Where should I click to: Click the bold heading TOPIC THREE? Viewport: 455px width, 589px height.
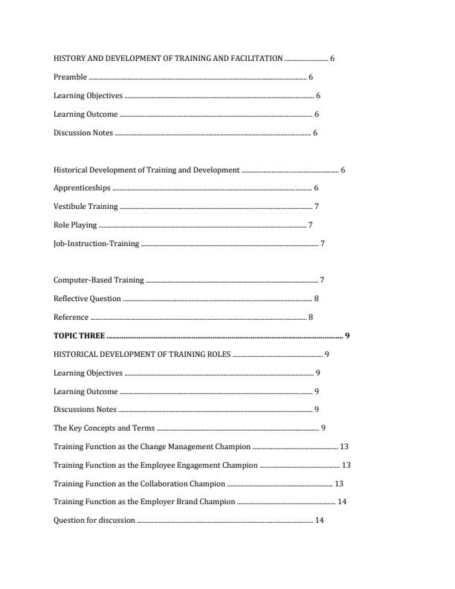pyautogui.click(x=79, y=336)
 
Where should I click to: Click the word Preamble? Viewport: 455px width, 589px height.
pyautogui.click(x=70, y=77)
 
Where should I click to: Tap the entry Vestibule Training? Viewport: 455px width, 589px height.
pyautogui.click(x=85, y=207)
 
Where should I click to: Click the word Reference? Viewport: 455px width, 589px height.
pyautogui.click(x=71, y=318)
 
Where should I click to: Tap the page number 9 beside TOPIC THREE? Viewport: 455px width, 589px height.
pyautogui.click(x=347, y=336)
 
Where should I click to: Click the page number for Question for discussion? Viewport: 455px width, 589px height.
pyautogui.click(x=319, y=521)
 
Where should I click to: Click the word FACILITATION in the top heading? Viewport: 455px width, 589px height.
pyautogui.click(x=256, y=59)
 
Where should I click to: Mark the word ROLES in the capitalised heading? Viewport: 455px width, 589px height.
pyautogui.click(x=220, y=355)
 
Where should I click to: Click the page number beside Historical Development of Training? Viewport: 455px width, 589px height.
pyautogui.click(x=343, y=170)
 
